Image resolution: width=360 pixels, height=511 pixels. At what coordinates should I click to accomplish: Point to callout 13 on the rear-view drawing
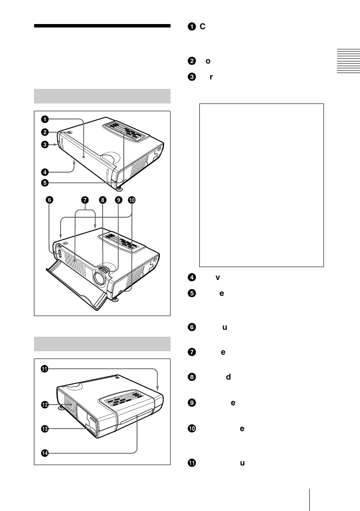click(45, 428)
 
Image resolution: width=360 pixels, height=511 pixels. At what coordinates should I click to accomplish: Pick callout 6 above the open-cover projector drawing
click(49, 200)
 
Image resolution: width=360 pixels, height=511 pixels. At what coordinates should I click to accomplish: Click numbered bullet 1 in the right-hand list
click(190, 27)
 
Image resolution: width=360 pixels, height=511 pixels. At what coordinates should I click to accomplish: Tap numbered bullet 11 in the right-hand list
click(190, 463)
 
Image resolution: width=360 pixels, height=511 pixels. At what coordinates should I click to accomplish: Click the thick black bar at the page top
click(102, 26)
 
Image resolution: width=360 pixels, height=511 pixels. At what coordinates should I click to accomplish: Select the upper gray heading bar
click(102, 96)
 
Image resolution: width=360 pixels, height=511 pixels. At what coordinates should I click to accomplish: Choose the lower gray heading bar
click(102, 344)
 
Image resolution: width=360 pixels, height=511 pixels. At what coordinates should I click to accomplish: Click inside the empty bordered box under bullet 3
click(261, 185)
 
